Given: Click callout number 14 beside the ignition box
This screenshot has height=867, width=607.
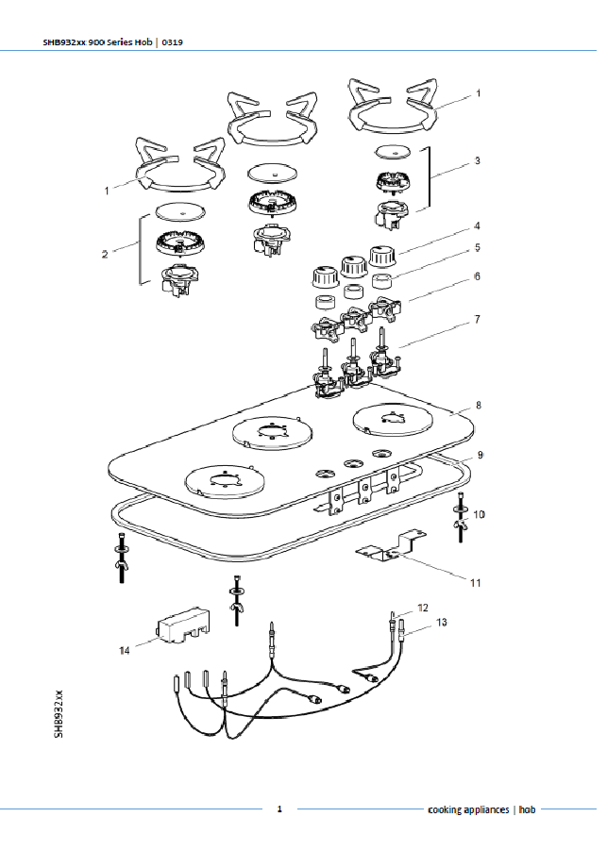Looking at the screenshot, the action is (125, 650).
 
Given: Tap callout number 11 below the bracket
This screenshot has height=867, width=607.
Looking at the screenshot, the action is (475, 583).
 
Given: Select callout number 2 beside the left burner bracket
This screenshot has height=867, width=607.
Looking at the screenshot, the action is (105, 255).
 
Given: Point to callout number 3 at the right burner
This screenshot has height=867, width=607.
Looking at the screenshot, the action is (478, 161).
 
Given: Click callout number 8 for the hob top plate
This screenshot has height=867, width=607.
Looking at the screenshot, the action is (479, 406).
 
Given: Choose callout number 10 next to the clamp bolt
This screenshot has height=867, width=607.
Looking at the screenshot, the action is (480, 514).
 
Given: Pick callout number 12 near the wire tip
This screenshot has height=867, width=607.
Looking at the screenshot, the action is (423, 608).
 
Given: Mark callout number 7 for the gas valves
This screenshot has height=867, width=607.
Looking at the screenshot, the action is (477, 319).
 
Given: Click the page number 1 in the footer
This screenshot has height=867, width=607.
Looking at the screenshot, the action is (279, 809).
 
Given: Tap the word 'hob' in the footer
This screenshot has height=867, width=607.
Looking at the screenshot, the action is (528, 809).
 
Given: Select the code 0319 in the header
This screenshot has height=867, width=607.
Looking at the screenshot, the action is (173, 42).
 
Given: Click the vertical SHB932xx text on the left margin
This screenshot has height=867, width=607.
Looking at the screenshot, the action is (59, 713).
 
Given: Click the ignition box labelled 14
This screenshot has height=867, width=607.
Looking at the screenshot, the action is (184, 625).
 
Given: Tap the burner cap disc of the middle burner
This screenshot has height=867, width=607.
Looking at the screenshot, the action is (273, 172).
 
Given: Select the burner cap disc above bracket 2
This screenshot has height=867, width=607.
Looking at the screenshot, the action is (181, 210).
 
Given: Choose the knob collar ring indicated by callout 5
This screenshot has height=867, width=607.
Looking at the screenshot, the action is (381, 281).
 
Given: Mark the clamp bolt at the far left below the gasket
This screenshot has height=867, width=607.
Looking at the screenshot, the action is (121, 557).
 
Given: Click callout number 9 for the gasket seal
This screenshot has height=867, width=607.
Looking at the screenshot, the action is (481, 455).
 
